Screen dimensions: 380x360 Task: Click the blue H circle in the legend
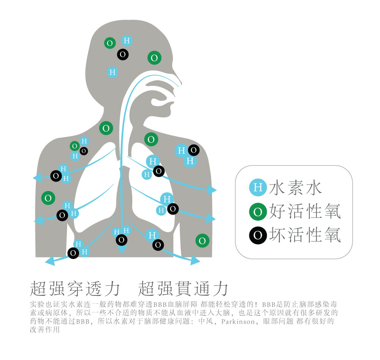click(258, 187)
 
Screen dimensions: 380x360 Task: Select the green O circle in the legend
click(258, 212)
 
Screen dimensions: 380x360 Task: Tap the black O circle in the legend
click(258, 235)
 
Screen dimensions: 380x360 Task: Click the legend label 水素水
click(295, 188)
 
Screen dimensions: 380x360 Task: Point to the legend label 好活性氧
click(305, 211)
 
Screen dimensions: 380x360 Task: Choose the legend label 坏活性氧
click(305, 235)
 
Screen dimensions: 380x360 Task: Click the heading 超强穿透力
click(75, 288)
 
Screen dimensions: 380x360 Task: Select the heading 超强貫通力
click(183, 288)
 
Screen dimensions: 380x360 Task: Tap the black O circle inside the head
click(123, 55)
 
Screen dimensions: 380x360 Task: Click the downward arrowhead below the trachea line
click(122, 249)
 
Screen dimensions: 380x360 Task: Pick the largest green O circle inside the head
click(154, 58)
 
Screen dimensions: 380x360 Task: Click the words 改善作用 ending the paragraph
click(45, 330)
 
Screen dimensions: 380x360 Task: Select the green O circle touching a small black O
click(74, 146)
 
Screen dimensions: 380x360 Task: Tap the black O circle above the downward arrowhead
click(122, 240)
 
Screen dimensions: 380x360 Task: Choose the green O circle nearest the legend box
click(203, 241)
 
